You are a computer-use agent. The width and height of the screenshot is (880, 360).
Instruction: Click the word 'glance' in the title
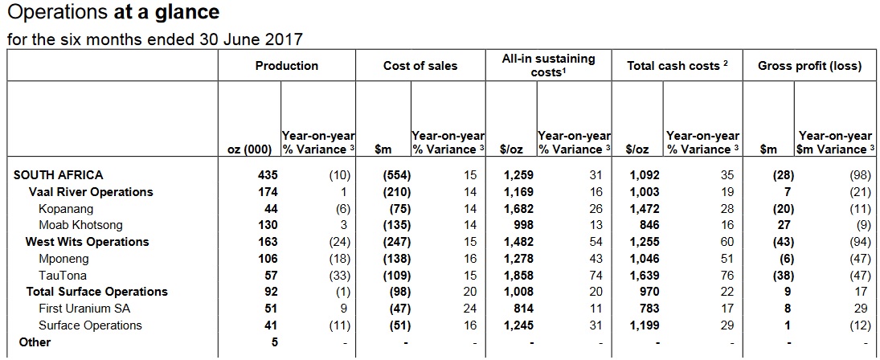click(191, 14)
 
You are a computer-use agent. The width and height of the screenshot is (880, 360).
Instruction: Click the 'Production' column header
click(287, 66)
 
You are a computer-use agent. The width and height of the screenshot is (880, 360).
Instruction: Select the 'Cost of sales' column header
click(420, 66)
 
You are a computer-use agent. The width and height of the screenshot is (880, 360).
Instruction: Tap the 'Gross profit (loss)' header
click(809, 66)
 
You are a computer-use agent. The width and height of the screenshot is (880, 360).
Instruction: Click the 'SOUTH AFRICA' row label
click(59, 174)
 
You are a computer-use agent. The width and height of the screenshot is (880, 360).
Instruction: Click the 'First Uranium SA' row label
click(84, 309)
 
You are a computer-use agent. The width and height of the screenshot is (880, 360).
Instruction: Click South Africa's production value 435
click(268, 174)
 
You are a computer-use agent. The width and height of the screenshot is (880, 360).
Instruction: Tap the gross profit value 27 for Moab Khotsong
click(788, 225)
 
